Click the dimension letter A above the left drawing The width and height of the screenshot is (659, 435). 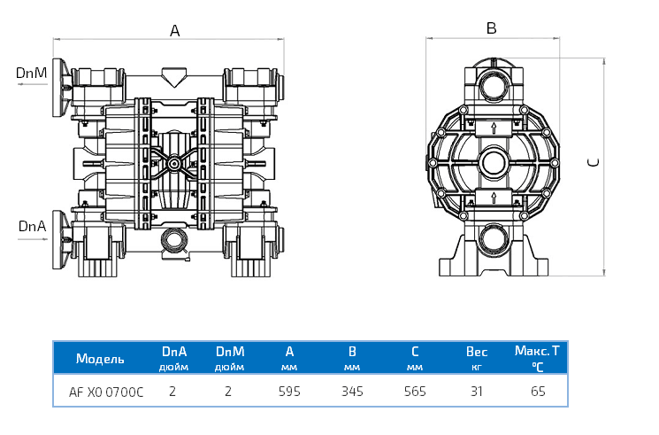click(175, 31)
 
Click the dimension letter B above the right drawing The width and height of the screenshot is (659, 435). click(492, 28)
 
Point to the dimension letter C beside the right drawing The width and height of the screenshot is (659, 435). click(594, 161)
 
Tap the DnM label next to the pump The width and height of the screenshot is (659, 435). click(32, 73)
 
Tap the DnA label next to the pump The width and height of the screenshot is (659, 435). click(32, 227)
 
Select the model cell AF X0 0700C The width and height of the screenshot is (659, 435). click(106, 391)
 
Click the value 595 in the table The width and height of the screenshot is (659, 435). click(289, 391)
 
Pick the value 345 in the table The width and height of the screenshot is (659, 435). click(352, 391)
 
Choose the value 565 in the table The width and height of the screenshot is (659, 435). click(415, 391)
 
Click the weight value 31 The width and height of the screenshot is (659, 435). click(477, 391)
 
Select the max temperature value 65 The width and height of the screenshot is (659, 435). click(538, 391)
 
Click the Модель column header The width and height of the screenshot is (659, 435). click(100, 359)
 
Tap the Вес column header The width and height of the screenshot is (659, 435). click(477, 352)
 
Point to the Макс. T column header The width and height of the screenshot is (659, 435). click(538, 351)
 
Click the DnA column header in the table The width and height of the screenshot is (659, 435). click(173, 352)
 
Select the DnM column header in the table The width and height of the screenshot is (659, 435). click(230, 352)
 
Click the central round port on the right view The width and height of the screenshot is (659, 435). click(492, 162)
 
